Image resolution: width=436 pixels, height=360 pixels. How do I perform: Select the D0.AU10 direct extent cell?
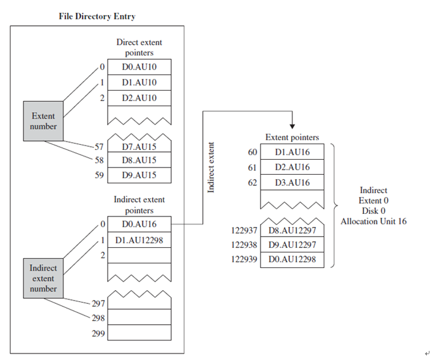click(x=139, y=67)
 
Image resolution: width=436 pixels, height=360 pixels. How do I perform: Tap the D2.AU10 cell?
click(x=139, y=98)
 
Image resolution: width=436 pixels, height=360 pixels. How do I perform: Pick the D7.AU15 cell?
click(x=139, y=146)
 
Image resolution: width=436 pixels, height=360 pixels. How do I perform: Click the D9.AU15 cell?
click(x=139, y=175)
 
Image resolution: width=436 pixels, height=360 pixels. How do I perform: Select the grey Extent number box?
click(x=43, y=121)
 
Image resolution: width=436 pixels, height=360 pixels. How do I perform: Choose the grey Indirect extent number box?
click(x=43, y=278)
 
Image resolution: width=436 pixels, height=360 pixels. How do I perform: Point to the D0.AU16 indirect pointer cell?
click(x=139, y=224)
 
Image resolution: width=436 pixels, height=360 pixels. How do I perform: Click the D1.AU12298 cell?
click(x=139, y=240)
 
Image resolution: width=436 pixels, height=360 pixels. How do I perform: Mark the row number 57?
click(x=99, y=146)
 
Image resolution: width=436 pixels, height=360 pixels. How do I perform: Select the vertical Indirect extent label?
click(x=211, y=169)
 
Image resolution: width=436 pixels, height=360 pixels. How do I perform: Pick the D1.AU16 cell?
click(x=292, y=152)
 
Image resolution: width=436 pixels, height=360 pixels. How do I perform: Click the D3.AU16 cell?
click(x=292, y=182)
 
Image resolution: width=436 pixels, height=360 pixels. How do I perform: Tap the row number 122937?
click(x=244, y=230)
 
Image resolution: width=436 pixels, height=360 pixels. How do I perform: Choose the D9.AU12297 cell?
click(x=292, y=245)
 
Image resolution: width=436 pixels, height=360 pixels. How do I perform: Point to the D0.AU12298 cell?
click(x=292, y=259)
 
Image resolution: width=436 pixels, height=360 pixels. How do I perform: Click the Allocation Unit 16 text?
click(x=373, y=222)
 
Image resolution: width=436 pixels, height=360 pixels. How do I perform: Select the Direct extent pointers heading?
click(x=139, y=48)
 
